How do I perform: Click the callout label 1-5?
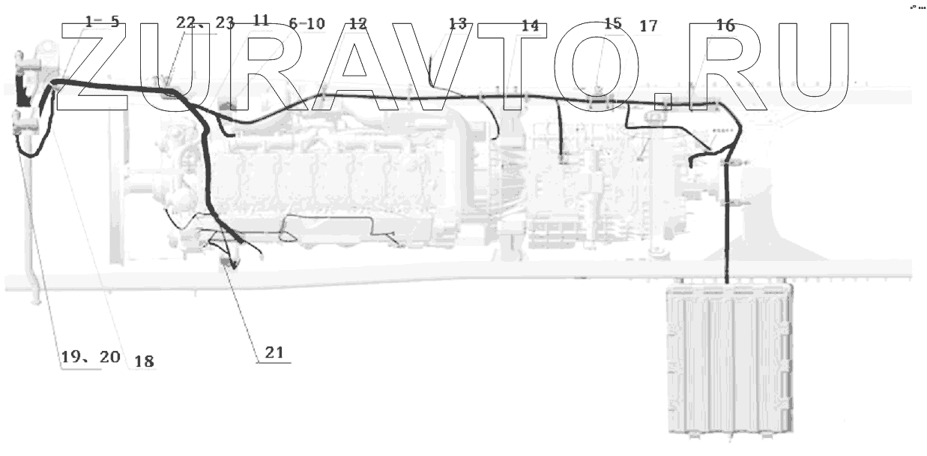point(102,22)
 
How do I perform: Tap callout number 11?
point(261,21)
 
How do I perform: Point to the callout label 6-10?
point(307,23)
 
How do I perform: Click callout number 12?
point(358,23)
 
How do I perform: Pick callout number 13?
point(457,23)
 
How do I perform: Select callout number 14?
point(530,25)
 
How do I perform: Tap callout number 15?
point(612,23)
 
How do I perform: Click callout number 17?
point(648,26)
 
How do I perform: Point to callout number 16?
point(725,25)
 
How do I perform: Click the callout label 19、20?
point(90,358)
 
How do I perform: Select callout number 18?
point(141,361)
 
